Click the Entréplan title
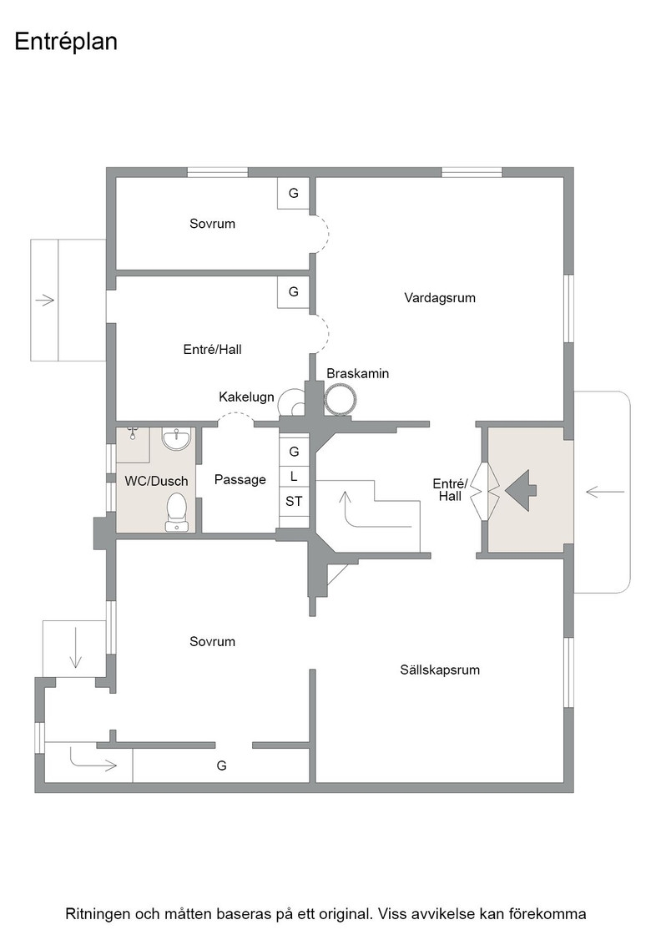[x=66, y=42]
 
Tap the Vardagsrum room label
[x=440, y=297]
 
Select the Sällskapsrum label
[x=440, y=670]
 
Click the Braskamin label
[x=357, y=373]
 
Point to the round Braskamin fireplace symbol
[x=340, y=399]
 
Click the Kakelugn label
[x=246, y=397]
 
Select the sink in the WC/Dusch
[x=176, y=438]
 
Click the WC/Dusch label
[x=156, y=481]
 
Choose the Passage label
[x=240, y=479]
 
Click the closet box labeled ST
[x=294, y=502]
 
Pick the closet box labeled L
[x=294, y=477]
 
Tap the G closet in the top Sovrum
[x=293, y=193]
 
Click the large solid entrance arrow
[x=521, y=491]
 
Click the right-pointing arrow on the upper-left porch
[x=45, y=300]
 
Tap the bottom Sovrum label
[x=212, y=642]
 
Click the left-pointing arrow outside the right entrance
[x=605, y=492]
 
